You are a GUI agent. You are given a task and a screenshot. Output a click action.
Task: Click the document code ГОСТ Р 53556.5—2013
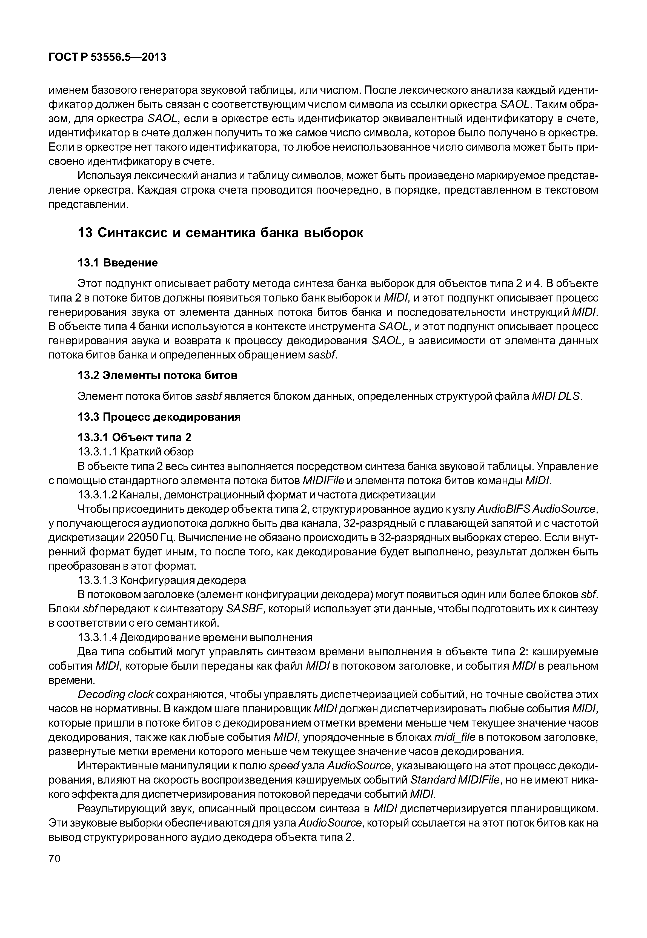coord(107,58)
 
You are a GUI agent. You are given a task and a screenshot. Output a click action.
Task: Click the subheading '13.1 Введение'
coord(118,263)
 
